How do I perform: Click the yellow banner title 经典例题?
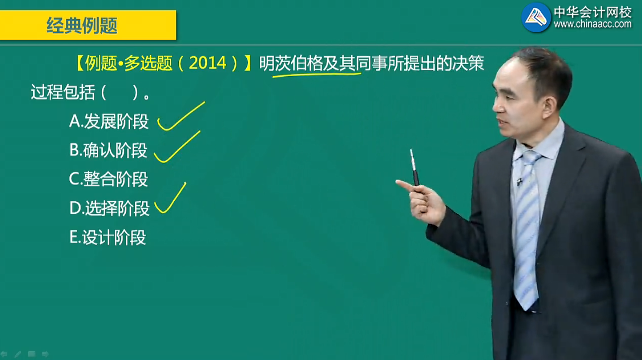click(x=82, y=26)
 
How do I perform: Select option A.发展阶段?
click(x=109, y=121)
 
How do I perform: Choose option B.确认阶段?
click(x=108, y=150)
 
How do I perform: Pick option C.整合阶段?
click(x=108, y=179)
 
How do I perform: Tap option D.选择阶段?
click(x=109, y=208)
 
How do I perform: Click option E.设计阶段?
click(x=108, y=237)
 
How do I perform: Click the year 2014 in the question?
click(x=207, y=63)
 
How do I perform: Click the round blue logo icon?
click(x=536, y=17)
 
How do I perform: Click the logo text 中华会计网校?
click(x=593, y=12)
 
